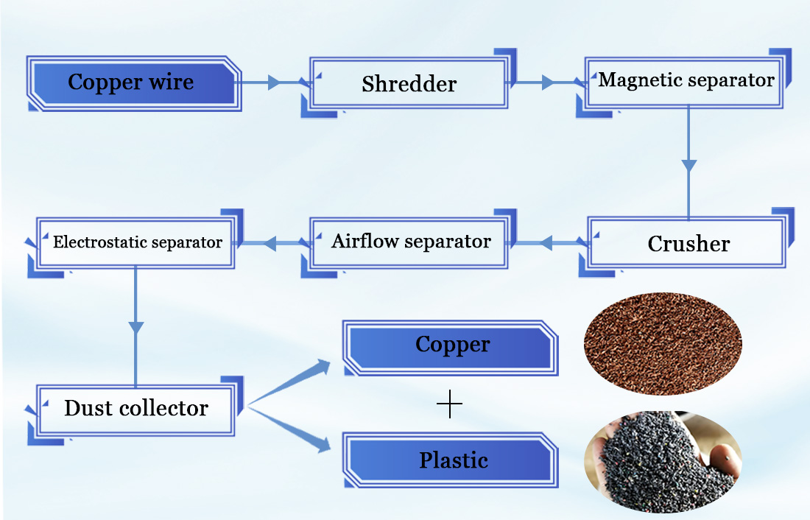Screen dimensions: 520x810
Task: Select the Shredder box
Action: point(409,84)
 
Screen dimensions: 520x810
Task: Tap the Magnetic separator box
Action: point(686,80)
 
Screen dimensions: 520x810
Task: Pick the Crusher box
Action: point(688,243)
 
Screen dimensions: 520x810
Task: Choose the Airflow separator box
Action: point(410,242)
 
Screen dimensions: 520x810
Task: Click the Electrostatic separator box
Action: point(137,242)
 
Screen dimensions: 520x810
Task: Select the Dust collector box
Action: point(136,408)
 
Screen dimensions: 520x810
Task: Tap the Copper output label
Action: point(452,345)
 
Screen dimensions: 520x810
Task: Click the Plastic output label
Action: point(453,461)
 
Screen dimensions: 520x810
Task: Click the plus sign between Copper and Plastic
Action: point(449,404)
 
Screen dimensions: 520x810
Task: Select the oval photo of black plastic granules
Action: point(662,461)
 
